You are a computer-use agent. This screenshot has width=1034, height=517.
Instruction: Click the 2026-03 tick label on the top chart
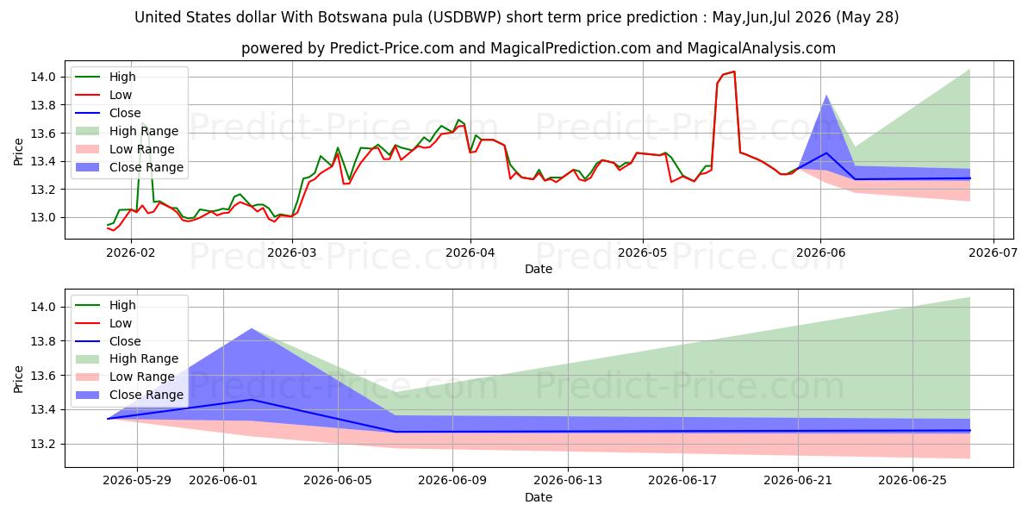[x=292, y=253]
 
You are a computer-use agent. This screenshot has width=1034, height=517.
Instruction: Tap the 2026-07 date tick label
[x=993, y=253]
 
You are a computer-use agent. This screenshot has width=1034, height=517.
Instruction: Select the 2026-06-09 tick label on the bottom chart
[x=452, y=481]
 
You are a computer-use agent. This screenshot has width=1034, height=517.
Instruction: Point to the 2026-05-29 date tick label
[x=137, y=481]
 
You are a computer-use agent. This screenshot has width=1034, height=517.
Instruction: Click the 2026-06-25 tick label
[x=913, y=481]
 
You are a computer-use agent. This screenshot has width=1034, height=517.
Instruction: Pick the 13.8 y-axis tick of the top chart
[x=43, y=105]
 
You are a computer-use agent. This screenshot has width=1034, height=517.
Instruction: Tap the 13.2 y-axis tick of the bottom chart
[x=43, y=444]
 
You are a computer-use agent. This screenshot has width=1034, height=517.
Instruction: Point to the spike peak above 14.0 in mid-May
[x=734, y=72]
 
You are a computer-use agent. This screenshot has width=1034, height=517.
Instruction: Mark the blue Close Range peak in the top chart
[x=826, y=96]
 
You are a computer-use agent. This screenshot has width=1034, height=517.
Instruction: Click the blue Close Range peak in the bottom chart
[x=252, y=328]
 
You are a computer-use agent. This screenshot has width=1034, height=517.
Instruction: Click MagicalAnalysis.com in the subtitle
[x=761, y=48]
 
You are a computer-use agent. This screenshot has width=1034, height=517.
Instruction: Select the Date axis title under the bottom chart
[x=539, y=497]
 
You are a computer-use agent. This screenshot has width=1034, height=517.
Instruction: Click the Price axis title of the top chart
[x=18, y=152]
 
